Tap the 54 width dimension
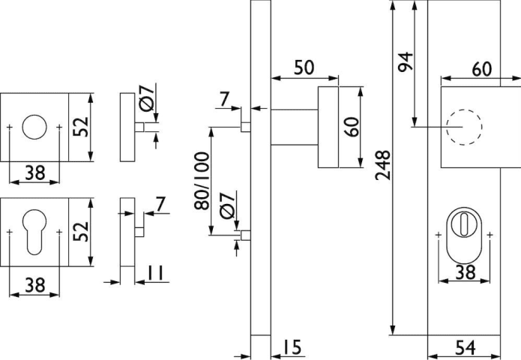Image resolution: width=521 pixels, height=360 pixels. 466,346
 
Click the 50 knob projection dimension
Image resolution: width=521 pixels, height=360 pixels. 304,67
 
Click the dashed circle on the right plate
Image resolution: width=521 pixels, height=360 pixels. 462,127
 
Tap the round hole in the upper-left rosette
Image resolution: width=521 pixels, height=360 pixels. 34,127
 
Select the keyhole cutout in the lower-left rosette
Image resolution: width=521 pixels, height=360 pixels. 34,232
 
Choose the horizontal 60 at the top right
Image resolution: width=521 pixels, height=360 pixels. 481,68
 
